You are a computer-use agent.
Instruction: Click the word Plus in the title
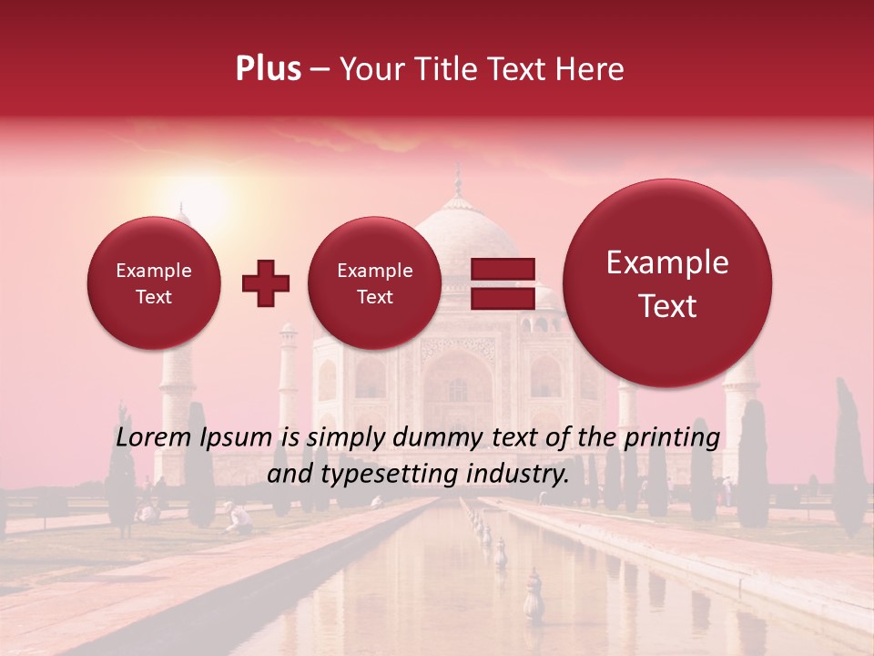pyautogui.click(x=268, y=69)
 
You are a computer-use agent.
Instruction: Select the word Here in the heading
pyautogui.click(x=592, y=69)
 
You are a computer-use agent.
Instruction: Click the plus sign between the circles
pyautogui.click(x=265, y=283)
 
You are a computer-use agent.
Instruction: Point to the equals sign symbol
pyautogui.click(x=502, y=283)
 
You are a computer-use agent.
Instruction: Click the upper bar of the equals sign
pyautogui.click(x=502, y=269)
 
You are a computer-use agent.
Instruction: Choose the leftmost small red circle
pyautogui.click(x=153, y=283)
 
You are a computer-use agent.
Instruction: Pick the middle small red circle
pyautogui.click(x=374, y=283)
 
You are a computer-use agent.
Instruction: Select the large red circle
pyautogui.click(x=667, y=283)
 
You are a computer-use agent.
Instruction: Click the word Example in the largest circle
pyautogui.click(x=667, y=262)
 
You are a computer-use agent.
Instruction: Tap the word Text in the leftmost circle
pyautogui.click(x=153, y=297)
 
